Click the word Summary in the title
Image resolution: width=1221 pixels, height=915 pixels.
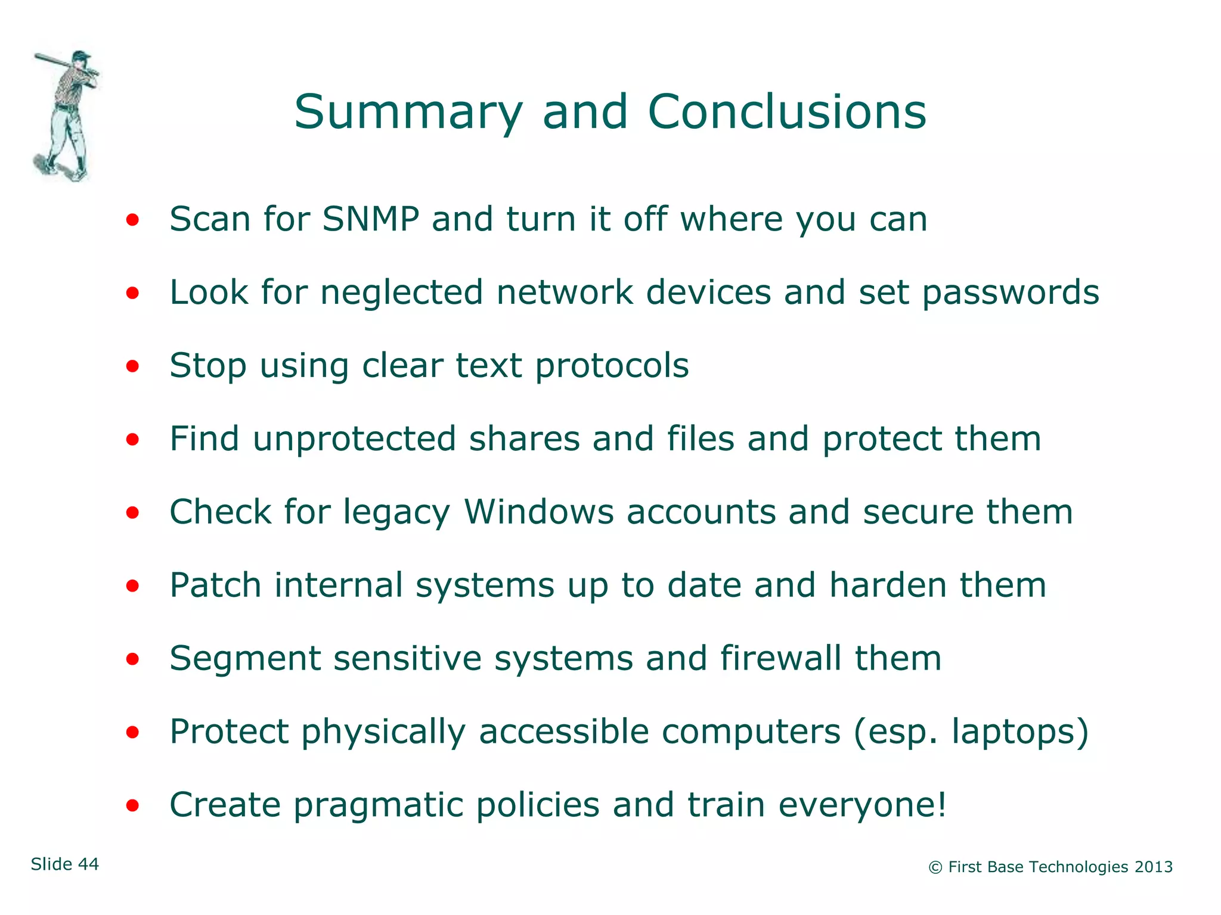coord(408,113)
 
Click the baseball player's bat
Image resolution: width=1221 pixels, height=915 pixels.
coord(54,61)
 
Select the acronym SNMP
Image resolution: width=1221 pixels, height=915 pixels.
coord(371,219)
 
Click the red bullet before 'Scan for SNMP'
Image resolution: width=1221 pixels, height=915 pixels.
coord(132,220)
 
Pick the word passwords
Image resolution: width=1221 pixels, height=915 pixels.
coord(1010,293)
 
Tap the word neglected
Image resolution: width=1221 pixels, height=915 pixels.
coord(401,293)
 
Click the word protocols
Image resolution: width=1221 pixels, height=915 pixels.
coord(612,366)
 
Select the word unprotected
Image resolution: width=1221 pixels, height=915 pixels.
coord(355,440)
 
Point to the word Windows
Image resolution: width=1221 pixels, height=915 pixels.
coord(538,512)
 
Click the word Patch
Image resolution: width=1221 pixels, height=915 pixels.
coord(215,585)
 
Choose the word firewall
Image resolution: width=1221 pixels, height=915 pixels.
coord(780,659)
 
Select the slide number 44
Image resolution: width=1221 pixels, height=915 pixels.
coord(88,864)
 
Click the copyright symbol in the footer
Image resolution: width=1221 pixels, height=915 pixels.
coord(935,868)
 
